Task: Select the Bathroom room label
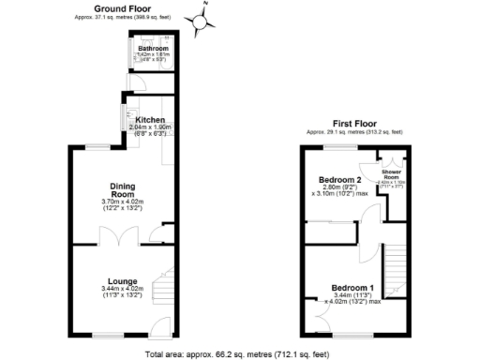(x=151, y=48)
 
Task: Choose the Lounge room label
(x=122, y=282)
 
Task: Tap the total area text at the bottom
(x=239, y=354)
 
